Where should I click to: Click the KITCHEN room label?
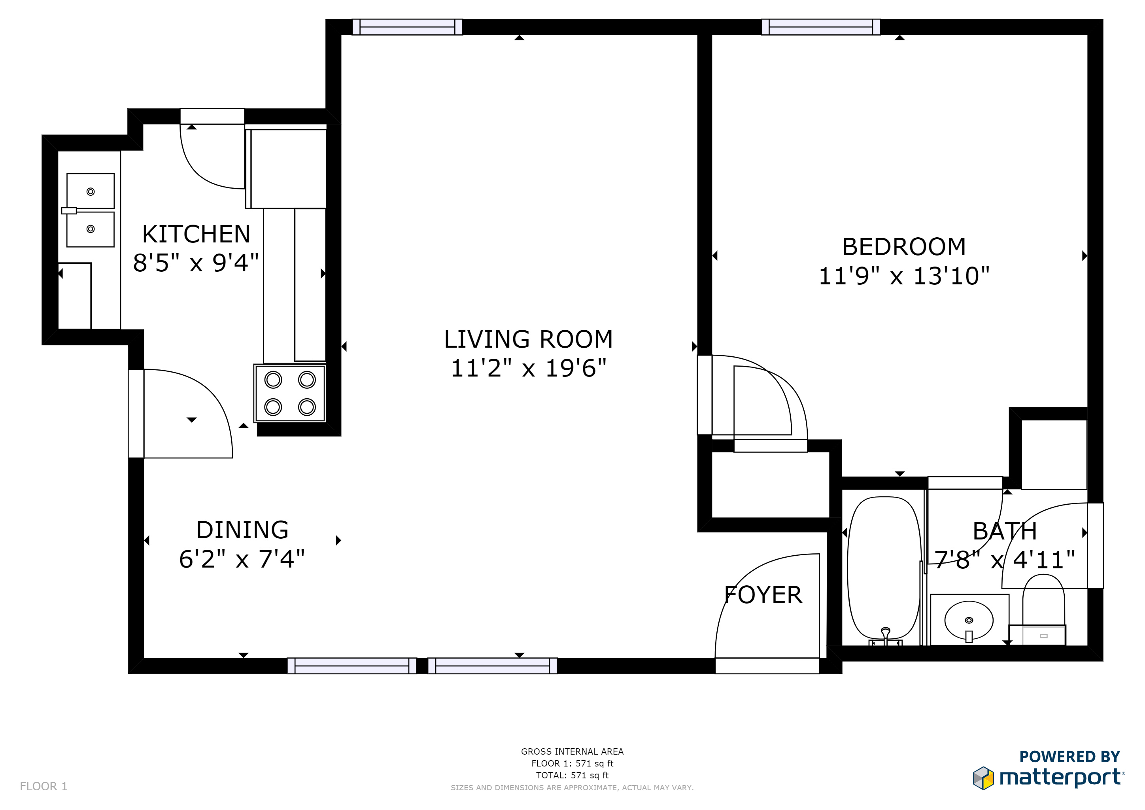196,234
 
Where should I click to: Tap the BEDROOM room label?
904,246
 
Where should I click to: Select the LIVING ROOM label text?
528,339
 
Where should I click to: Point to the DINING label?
242,530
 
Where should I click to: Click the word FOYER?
763,595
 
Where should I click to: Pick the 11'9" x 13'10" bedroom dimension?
904,276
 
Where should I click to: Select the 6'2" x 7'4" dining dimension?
242,558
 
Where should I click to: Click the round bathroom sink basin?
968,621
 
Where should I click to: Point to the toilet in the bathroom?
1043,609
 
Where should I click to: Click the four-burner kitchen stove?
290,393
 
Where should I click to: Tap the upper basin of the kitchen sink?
90,191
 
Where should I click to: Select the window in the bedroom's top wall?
820,27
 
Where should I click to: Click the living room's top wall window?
407,27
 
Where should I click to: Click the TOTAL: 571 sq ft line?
572,775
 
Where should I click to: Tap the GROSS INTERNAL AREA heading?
572,751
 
